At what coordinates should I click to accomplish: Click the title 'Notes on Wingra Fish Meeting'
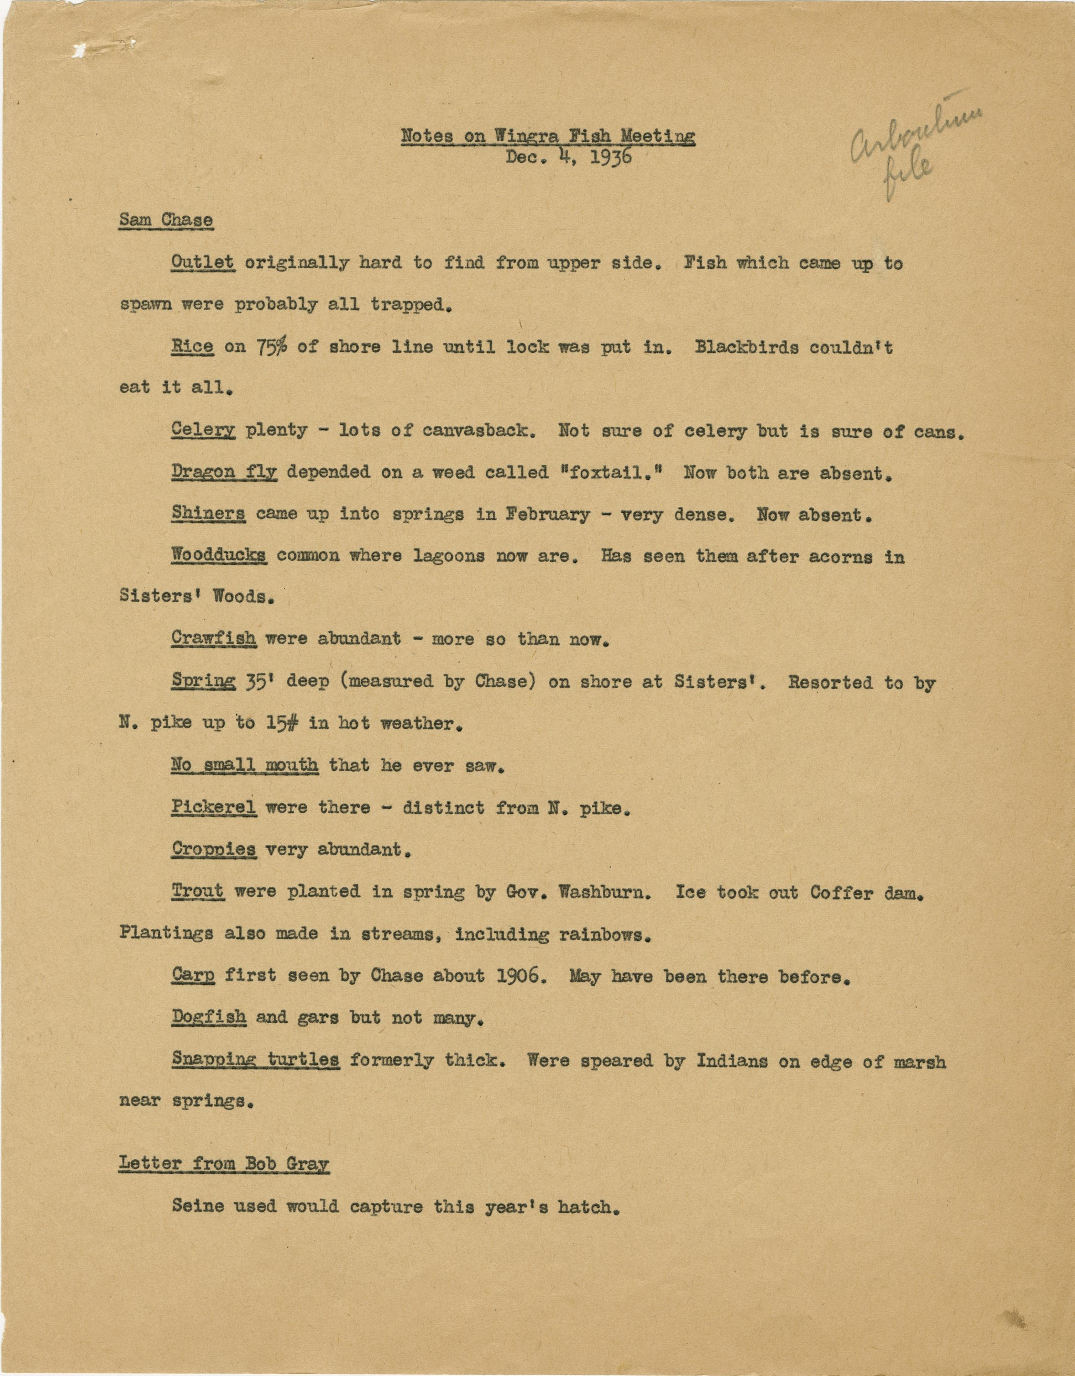[x=548, y=136]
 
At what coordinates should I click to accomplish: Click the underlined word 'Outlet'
[x=203, y=263]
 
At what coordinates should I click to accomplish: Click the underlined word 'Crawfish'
[x=213, y=639]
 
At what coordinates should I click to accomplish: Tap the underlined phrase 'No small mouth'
[x=244, y=765]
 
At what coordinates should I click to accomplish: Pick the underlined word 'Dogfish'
[x=208, y=1017]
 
